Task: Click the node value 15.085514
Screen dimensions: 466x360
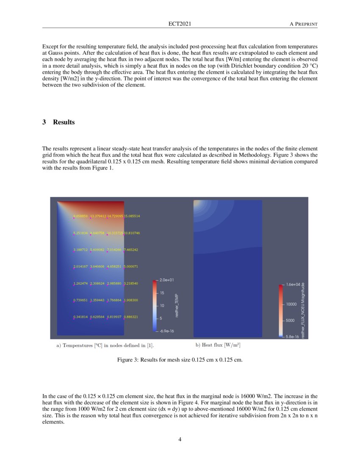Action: coord(132,216)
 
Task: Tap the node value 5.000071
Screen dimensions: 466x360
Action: coord(131,266)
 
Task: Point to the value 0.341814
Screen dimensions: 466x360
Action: coord(81,317)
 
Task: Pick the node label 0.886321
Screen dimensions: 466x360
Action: coord(131,317)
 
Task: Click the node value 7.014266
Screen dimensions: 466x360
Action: coord(115,250)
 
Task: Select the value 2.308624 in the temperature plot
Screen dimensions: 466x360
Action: coord(98,283)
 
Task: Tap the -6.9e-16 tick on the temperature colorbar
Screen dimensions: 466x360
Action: coord(166,331)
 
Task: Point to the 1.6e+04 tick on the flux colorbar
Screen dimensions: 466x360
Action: coord(293,285)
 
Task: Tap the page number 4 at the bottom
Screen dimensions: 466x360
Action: coord(180,439)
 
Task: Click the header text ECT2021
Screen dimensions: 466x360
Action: coord(180,24)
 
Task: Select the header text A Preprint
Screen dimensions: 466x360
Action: coord(303,24)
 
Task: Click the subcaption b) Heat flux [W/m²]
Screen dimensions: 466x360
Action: coord(218,345)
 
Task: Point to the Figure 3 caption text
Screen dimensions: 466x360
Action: coord(180,360)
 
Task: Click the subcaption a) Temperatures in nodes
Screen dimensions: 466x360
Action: coord(105,346)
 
